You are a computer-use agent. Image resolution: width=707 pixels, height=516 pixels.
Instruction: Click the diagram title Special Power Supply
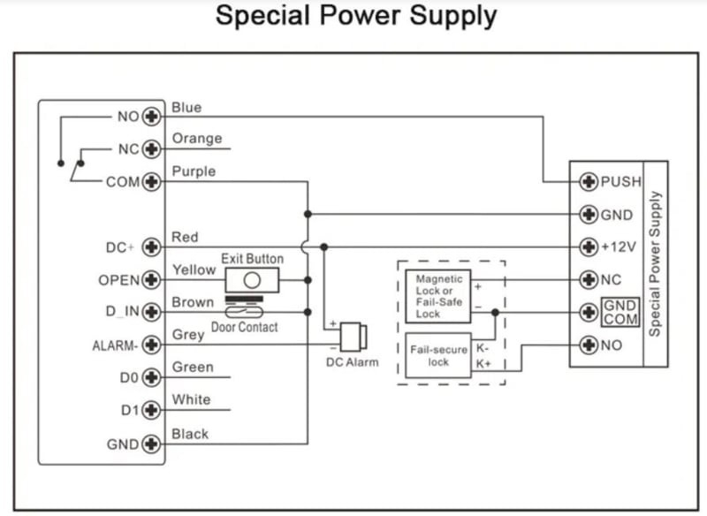click(x=356, y=16)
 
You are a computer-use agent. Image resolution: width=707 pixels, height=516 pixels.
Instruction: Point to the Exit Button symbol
click(x=252, y=280)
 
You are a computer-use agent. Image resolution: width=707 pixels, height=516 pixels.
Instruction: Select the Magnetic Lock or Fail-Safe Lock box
click(x=439, y=295)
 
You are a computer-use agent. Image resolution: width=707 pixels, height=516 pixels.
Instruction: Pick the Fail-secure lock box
click(x=438, y=355)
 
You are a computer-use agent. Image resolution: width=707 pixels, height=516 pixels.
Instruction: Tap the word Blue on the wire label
click(x=186, y=108)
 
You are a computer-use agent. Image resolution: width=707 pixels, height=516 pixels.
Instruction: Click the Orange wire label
click(x=196, y=140)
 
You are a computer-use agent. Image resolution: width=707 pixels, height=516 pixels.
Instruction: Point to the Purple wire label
click(x=194, y=171)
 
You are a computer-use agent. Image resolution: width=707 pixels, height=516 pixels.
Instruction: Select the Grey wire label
click(x=188, y=335)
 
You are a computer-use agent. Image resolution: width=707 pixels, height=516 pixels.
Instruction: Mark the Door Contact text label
click(x=244, y=327)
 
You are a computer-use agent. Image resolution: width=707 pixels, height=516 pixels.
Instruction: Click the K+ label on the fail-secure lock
click(x=483, y=363)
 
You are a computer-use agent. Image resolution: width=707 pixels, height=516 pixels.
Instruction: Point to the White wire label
click(x=191, y=399)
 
